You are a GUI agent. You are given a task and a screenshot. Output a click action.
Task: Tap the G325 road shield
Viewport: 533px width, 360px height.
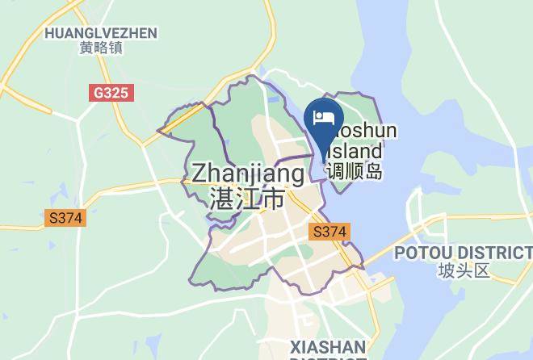pos(110,93)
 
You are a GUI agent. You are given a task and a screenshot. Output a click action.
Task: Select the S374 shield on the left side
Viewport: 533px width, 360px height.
pos(65,218)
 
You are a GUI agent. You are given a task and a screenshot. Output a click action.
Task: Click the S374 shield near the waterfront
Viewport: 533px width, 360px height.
pos(329,232)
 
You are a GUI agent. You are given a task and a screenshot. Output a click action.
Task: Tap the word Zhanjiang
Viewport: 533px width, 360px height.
pos(248,174)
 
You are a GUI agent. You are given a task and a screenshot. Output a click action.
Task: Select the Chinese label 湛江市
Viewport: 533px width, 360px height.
pos(246,198)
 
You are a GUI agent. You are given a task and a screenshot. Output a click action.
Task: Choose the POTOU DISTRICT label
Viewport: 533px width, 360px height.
pos(463,253)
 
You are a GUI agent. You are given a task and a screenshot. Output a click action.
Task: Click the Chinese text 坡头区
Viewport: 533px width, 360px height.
pos(464,270)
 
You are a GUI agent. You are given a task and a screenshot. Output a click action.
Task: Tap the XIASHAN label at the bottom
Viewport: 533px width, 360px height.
pos(327,347)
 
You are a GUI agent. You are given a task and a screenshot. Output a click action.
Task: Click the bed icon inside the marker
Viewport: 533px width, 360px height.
pos(325,117)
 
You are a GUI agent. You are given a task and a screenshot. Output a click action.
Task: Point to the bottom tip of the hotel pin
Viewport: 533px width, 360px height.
pos(325,160)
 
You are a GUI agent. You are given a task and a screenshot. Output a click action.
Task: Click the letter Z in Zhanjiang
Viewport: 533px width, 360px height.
pos(200,174)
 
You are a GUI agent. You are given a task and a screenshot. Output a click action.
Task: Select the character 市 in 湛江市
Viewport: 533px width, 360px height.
pos(274,198)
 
